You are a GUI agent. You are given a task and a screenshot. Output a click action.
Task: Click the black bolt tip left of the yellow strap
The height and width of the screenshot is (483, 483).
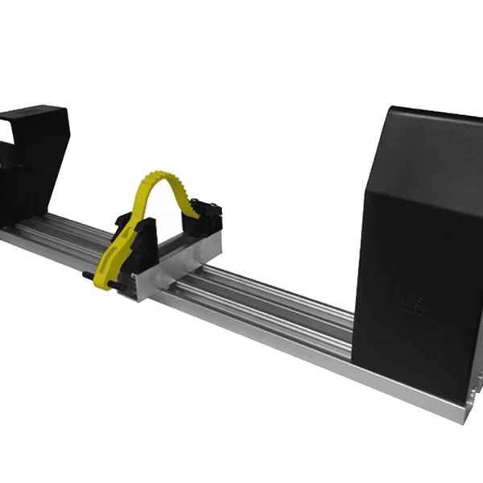84,278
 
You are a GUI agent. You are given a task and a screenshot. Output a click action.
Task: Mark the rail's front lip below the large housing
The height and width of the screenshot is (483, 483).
402,402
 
